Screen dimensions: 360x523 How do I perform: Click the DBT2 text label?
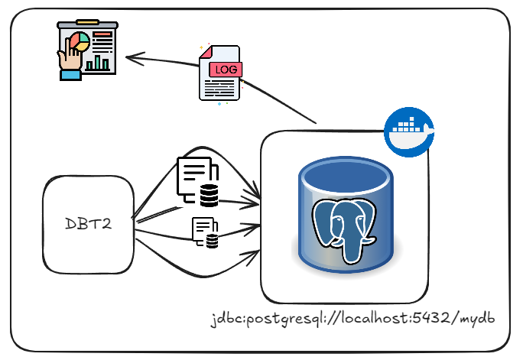coord(89,225)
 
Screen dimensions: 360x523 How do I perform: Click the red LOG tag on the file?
coord(225,70)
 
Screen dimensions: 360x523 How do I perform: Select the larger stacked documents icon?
coord(193,177)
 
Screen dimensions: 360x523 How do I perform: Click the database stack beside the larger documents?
coord(209,196)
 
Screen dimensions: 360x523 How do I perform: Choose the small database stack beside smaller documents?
coord(212,242)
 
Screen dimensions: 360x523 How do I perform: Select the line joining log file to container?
coord(280,99)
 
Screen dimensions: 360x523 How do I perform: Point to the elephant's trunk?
coord(353,248)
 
